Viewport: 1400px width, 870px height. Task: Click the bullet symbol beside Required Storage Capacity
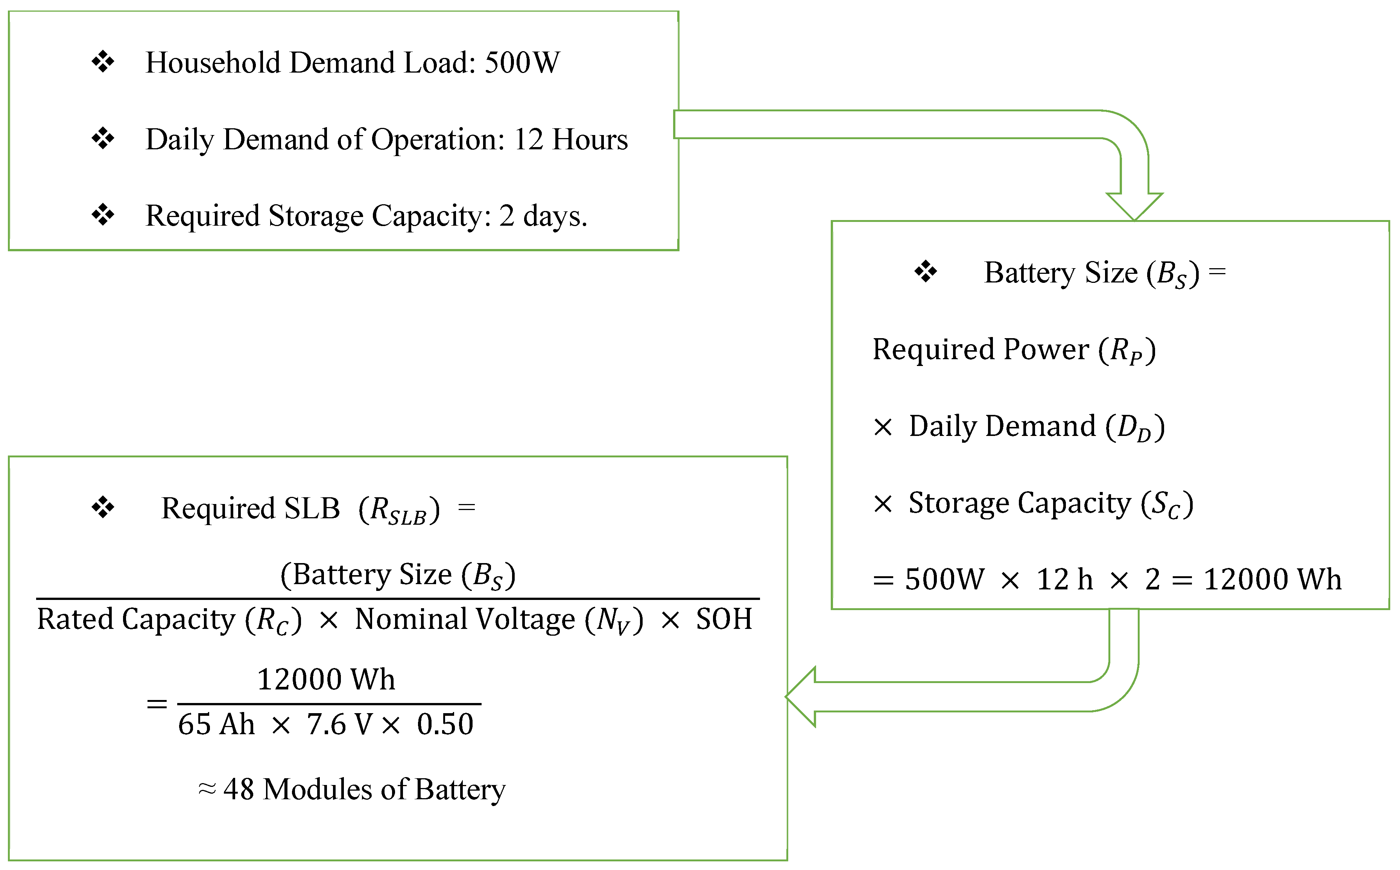[x=103, y=215]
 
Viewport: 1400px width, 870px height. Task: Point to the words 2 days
[x=543, y=216]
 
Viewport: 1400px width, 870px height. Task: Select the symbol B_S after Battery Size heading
[x=1172, y=274]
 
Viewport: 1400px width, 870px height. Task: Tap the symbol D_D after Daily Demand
[x=1135, y=428]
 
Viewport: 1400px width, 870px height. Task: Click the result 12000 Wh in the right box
[x=1272, y=579]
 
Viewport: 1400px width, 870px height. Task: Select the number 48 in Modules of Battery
[x=238, y=790]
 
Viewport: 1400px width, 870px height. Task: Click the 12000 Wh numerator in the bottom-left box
[x=326, y=680]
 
